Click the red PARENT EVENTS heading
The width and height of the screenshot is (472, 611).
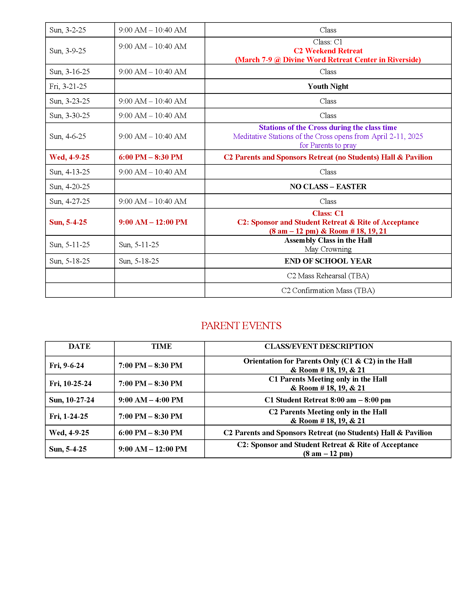pyautogui.click(x=241, y=326)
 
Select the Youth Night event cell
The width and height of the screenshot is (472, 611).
pyautogui.click(x=328, y=86)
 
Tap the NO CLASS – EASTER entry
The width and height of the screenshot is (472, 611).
pyautogui.click(x=328, y=187)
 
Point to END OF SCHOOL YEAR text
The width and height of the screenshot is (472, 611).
pyautogui.click(x=328, y=261)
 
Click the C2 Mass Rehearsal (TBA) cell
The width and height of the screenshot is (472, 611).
pyautogui.click(x=328, y=276)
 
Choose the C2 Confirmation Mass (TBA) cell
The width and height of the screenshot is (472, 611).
pyautogui.click(x=328, y=291)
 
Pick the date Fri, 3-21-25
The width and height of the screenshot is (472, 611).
pyautogui.click(x=68, y=86)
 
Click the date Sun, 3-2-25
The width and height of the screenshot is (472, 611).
pyautogui.click(x=68, y=30)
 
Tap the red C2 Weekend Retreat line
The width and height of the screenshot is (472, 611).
pyautogui.click(x=328, y=51)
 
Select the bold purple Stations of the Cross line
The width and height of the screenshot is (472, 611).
pyautogui.click(x=328, y=127)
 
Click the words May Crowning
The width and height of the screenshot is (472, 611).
pyautogui.click(x=328, y=249)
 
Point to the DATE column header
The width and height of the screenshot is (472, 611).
pyautogui.click(x=79, y=346)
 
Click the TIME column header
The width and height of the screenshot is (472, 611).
pyautogui.click(x=162, y=346)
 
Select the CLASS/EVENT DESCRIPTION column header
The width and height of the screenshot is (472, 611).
pyautogui.click(x=319, y=346)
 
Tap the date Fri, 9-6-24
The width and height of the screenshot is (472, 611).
pyautogui.click(x=67, y=365)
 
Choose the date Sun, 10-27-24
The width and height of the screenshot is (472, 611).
pyautogui.click(x=72, y=400)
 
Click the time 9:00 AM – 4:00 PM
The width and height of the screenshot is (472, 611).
pyautogui.click(x=151, y=400)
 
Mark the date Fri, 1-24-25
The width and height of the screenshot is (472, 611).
pyautogui.click(x=69, y=416)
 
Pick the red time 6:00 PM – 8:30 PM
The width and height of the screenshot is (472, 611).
pyautogui.click(x=150, y=157)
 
